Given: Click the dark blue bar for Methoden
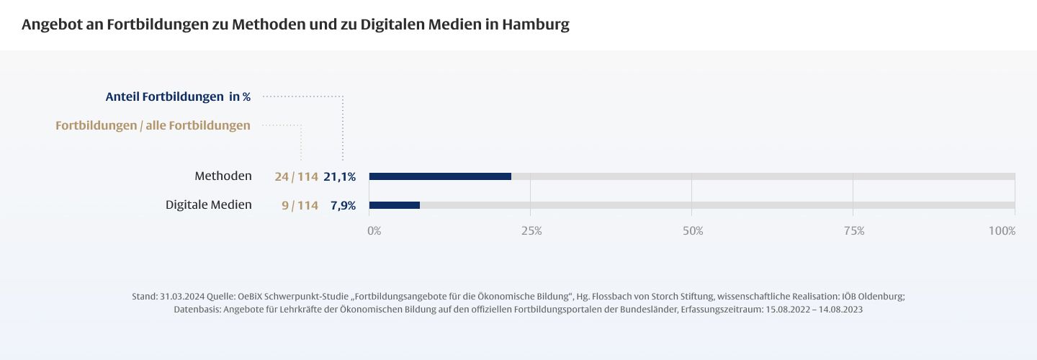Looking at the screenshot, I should pyautogui.click(x=440, y=176).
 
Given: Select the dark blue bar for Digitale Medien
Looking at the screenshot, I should pyautogui.click(x=395, y=205).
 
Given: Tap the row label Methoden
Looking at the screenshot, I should pyautogui.click(x=223, y=176).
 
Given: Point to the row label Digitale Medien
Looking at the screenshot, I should pyautogui.click(x=209, y=205).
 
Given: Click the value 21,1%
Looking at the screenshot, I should pyautogui.click(x=340, y=177).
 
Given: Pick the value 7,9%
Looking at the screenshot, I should pyautogui.click(x=343, y=206).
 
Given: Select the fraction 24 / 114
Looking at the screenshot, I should pyautogui.click(x=296, y=177).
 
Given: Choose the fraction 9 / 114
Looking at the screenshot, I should pyautogui.click(x=300, y=206).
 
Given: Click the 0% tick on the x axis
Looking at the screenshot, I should pyautogui.click(x=374, y=231).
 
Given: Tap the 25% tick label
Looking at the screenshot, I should pyautogui.click(x=531, y=231).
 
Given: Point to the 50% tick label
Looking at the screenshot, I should pyautogui.click(x=693, y=231).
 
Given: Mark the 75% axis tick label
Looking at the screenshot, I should pyautogui.click(x=854, y=231).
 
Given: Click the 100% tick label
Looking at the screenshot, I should pyautogui.click(x=1002, y=231).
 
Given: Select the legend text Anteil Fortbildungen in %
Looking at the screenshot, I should pyautogui.click(x=178, y=96).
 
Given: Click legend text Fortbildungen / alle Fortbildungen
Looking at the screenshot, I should pyautogui.click(x=153, y=126).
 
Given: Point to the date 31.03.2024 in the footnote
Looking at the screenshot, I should pyautogui.click(x=182, y=297).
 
